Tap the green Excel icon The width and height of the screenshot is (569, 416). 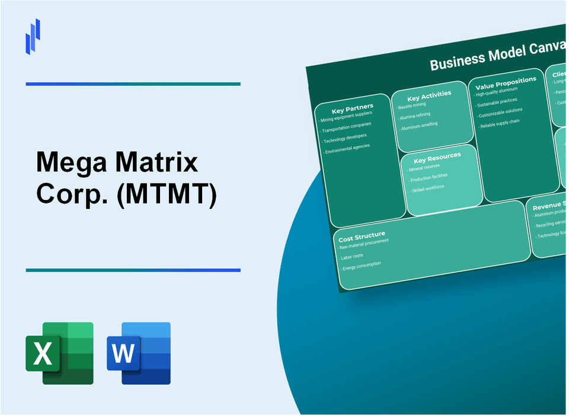59,353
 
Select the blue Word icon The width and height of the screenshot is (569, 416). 139,353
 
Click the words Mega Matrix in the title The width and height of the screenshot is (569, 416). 117,162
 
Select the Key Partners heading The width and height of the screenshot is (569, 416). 353,108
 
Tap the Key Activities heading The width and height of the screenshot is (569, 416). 429,95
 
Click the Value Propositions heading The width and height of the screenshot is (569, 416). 506,82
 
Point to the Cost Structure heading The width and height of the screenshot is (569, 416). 362,236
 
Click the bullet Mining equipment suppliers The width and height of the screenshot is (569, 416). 347,117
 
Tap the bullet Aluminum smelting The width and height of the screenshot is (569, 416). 420,125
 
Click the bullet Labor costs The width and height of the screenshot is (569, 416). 353,256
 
